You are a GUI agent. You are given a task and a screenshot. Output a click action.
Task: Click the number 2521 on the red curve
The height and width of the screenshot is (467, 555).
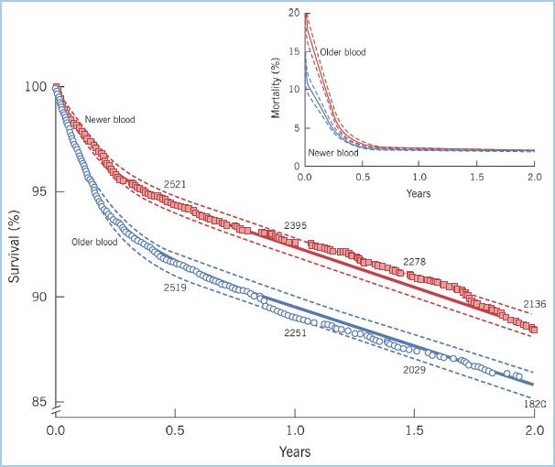click(176, 184)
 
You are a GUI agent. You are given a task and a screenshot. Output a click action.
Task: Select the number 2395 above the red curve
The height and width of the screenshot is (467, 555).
click(296, 224)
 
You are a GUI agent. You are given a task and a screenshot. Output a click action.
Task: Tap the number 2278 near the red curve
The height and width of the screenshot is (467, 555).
click(414, 262)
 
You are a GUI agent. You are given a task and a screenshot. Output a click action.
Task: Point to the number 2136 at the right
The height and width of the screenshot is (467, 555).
click(534, 303)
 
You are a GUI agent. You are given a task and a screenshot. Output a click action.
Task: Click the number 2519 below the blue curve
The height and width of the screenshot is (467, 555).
click(176, 288)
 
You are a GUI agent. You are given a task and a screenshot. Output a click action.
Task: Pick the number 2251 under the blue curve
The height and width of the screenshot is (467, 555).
click(296, 333)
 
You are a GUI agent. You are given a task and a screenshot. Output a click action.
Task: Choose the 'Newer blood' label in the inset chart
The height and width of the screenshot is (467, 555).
click(332, 153)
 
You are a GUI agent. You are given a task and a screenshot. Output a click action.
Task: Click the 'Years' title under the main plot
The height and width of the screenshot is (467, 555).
click(295, 451)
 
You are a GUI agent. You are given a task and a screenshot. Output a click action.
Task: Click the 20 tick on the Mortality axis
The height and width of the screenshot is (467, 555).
click(293, 13)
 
